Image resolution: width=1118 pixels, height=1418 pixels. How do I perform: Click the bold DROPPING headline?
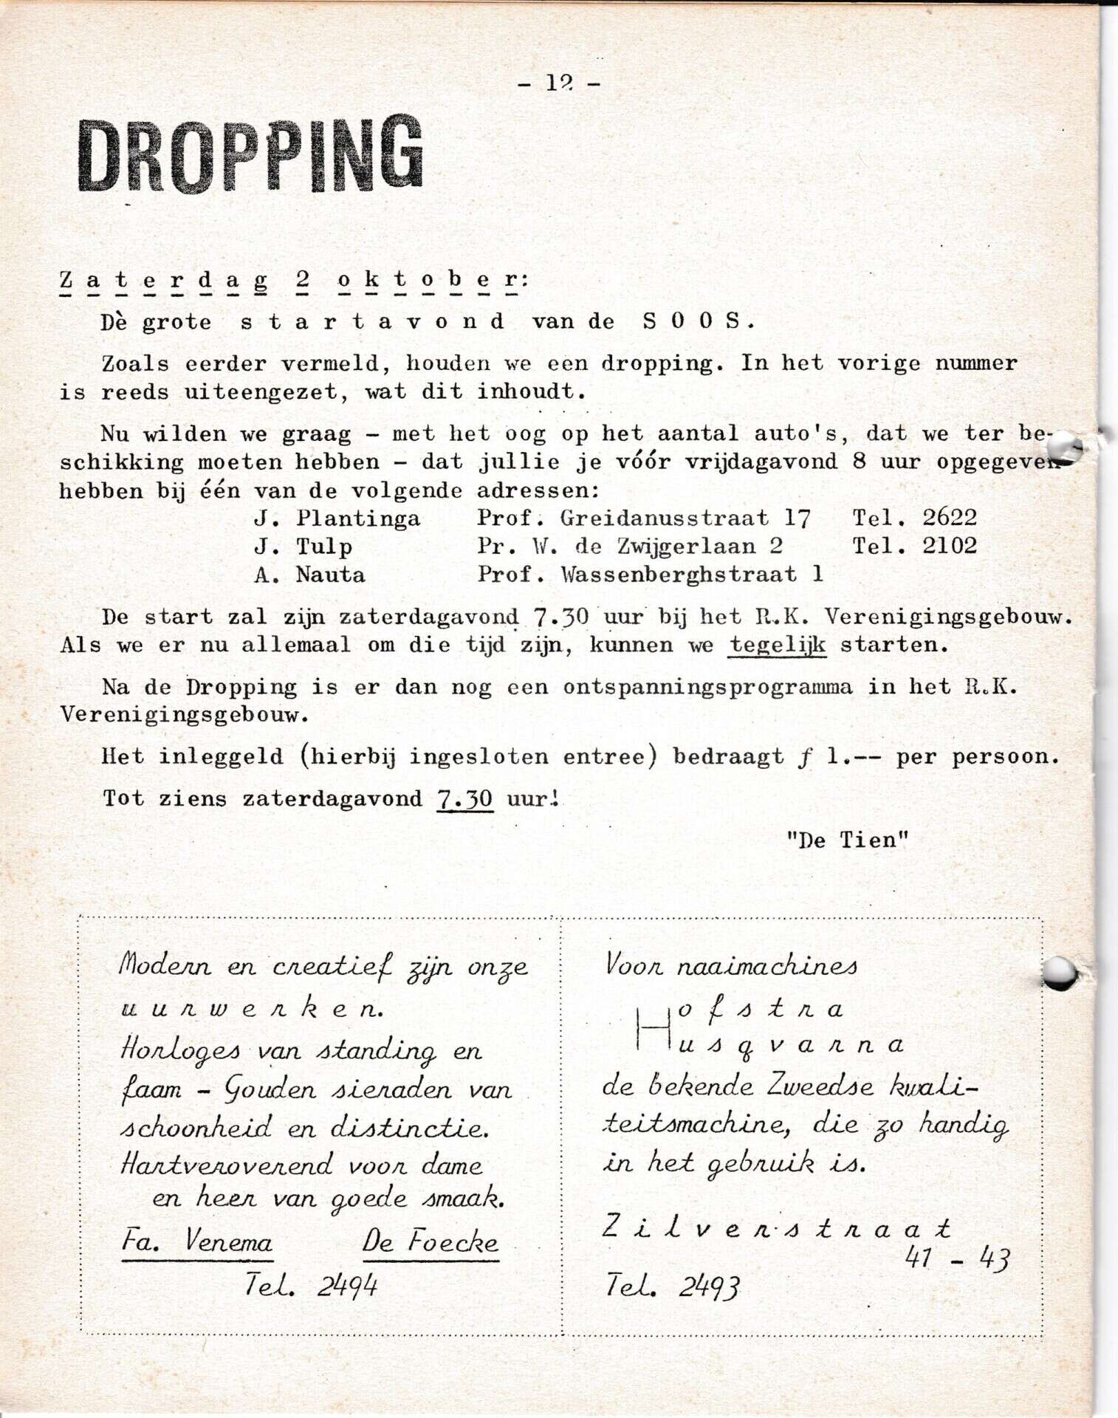click(250, 154)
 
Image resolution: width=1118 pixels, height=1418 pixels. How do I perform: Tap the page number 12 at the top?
click(559, 83)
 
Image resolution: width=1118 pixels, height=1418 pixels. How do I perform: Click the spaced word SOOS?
click(698, 321)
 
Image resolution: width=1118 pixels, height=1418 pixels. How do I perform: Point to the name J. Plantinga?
click(337, 518)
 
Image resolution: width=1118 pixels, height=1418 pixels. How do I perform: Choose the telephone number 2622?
click(949, 518)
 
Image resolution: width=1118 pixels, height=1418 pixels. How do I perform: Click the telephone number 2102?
click(949, 547)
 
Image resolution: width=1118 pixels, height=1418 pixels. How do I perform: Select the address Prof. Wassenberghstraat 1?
click(650, 575)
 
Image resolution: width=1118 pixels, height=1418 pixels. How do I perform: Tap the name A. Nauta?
click(309, 575)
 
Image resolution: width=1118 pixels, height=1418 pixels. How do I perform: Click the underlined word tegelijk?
click(777, 645)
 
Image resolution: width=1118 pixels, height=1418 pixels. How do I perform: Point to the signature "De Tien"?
click(847, 840)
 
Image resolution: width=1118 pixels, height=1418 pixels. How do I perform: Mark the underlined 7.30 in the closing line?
click(464, 798)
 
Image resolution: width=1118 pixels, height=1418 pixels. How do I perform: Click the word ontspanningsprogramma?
click(707, 687)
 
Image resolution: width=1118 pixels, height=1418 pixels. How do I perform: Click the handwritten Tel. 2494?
click(311, 1287)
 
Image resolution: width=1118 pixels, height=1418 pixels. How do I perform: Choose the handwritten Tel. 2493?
click(671, 1287)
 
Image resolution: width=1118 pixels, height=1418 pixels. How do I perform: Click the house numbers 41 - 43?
click(956, 1258)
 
